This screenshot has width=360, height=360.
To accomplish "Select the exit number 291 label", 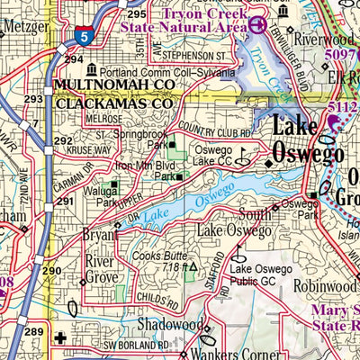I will click(65, 201).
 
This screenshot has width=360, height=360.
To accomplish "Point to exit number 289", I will click(33, 332).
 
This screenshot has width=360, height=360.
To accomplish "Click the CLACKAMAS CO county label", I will click(113, 103).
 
